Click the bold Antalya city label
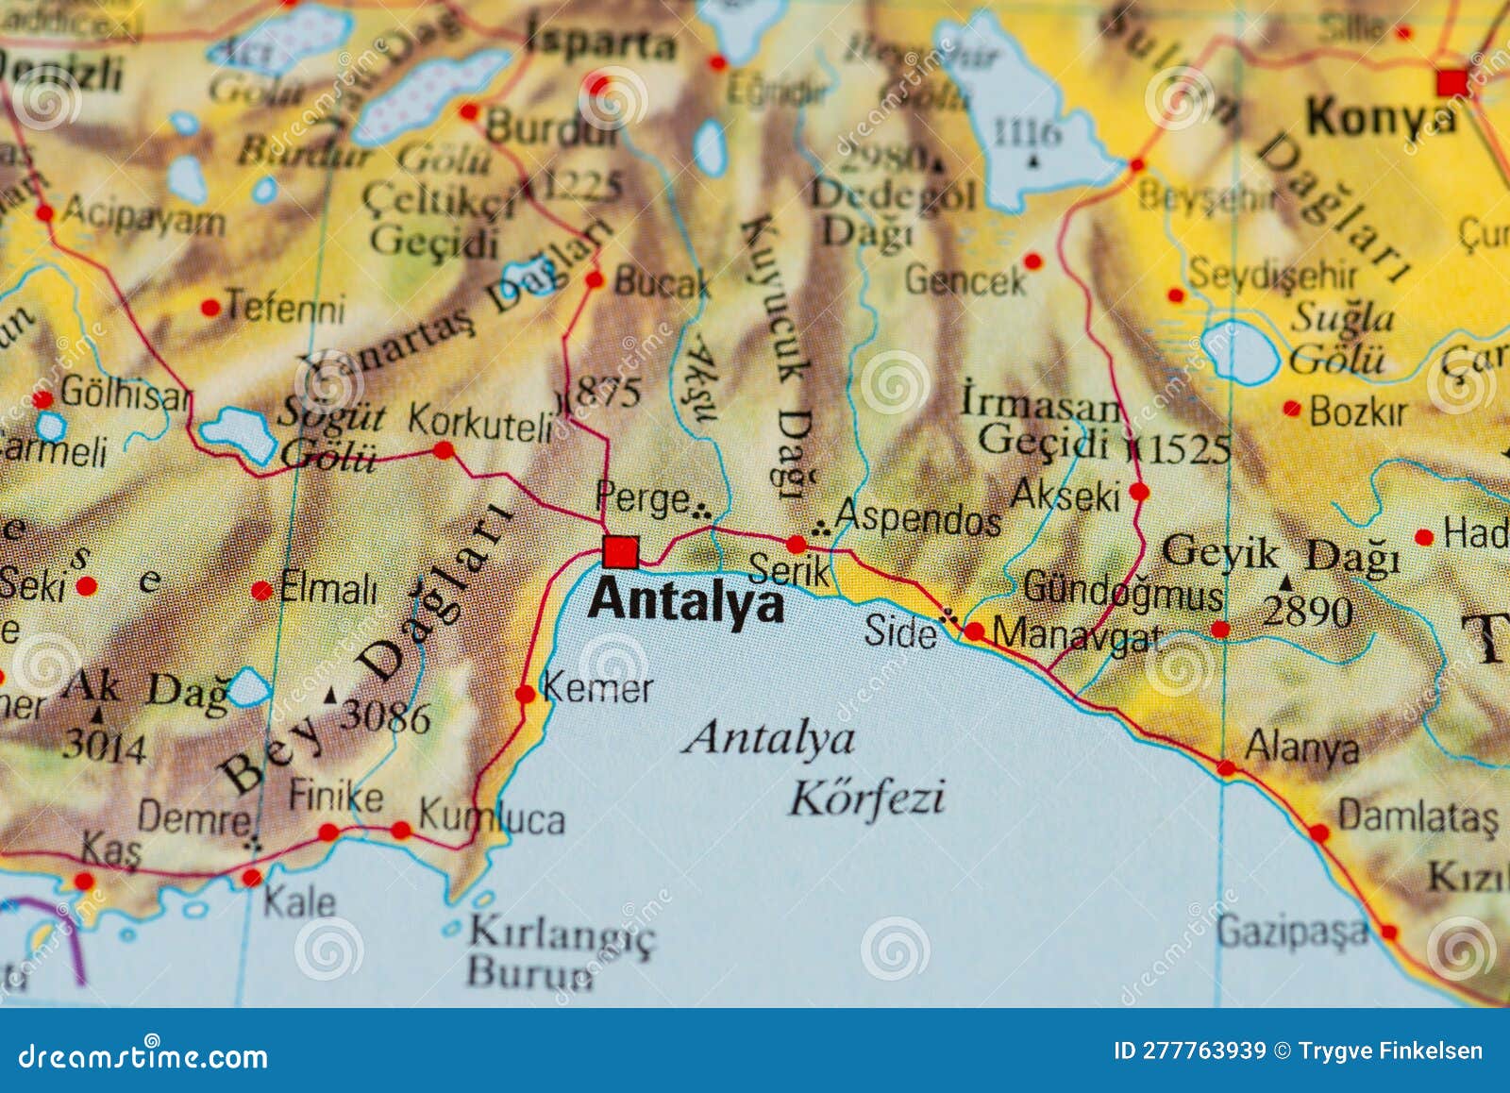(686, 600)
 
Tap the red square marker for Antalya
(621, 551)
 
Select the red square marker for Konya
(1451, 82)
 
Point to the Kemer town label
(596, 688)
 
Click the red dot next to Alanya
(1226, 767)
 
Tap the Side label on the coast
(899, 631)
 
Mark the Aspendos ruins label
(917, 518)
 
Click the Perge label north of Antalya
(642, 498)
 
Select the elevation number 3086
(385, 717)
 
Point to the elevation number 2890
(1308, 613)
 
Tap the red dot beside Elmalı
(261, 591)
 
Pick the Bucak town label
(661, 282)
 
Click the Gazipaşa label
(1291, 932)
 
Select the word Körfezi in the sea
(866, 799)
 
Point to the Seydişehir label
(1271, 275)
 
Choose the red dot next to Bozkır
(1291, 409)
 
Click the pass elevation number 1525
(1189, 448)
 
